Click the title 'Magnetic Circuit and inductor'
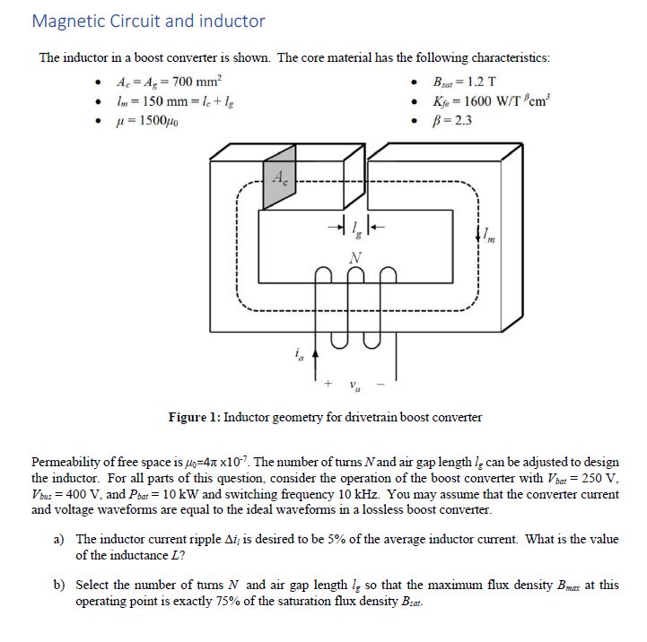pos(148,21)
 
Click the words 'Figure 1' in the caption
pos(193,417)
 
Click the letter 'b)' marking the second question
pos(60,585)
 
